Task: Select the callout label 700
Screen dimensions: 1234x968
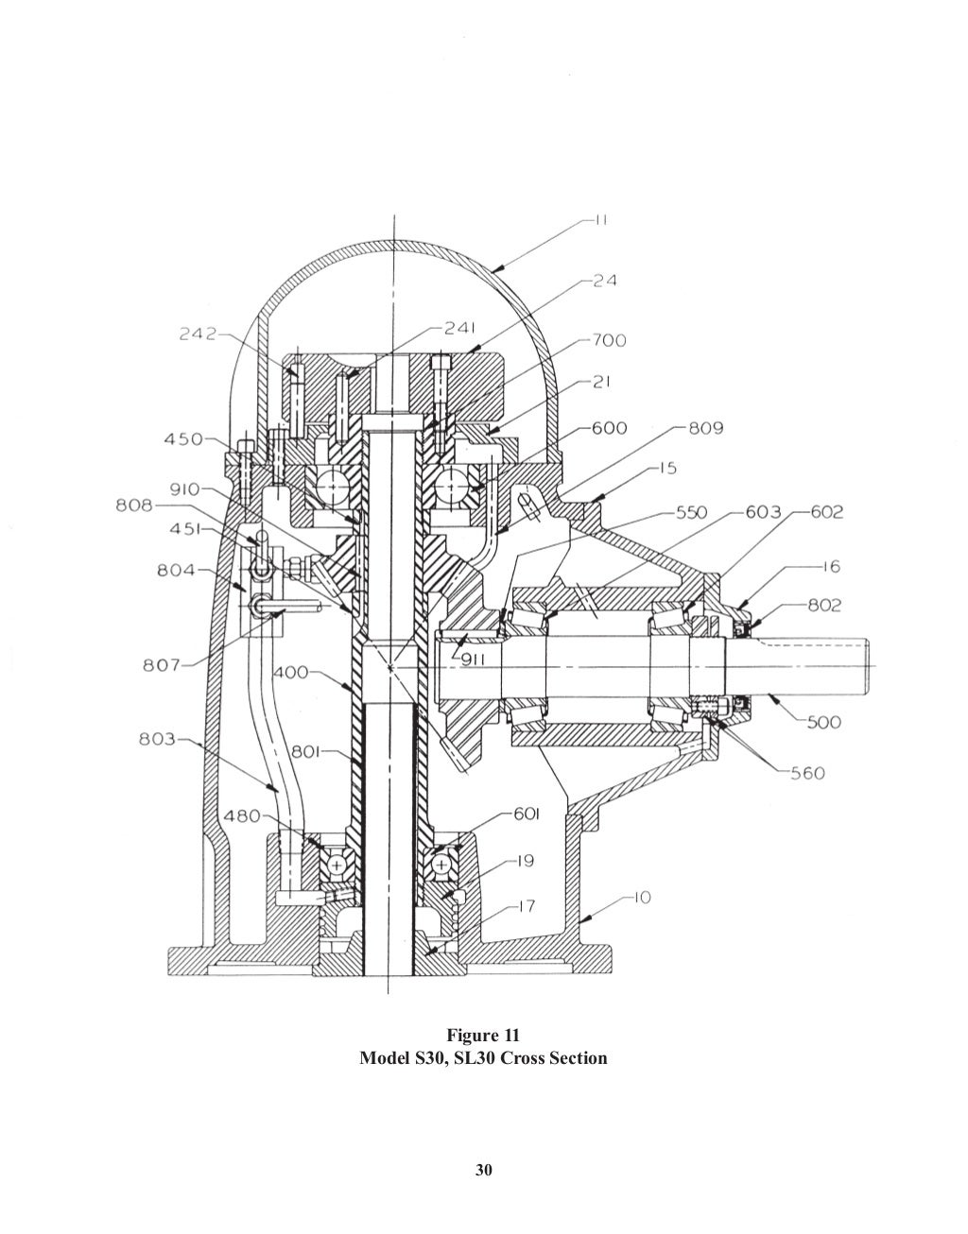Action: click(x=609, y=340)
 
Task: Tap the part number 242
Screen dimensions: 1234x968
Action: click(x=198, y=334)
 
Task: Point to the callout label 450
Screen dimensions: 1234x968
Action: click(x=183, y=439)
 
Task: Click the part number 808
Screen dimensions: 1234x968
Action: click(x=134, y=506)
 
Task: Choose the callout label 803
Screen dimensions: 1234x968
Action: click(x=156, y=740)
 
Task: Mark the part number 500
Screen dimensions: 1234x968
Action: click(x=824, y=722)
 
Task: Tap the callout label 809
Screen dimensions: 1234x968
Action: click(x=705, y=428)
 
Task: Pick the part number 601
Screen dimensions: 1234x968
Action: click(x=527, y=814)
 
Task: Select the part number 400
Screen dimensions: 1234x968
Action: click(x=292, y=673)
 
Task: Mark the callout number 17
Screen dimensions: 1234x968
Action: click(x=526, y=906)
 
